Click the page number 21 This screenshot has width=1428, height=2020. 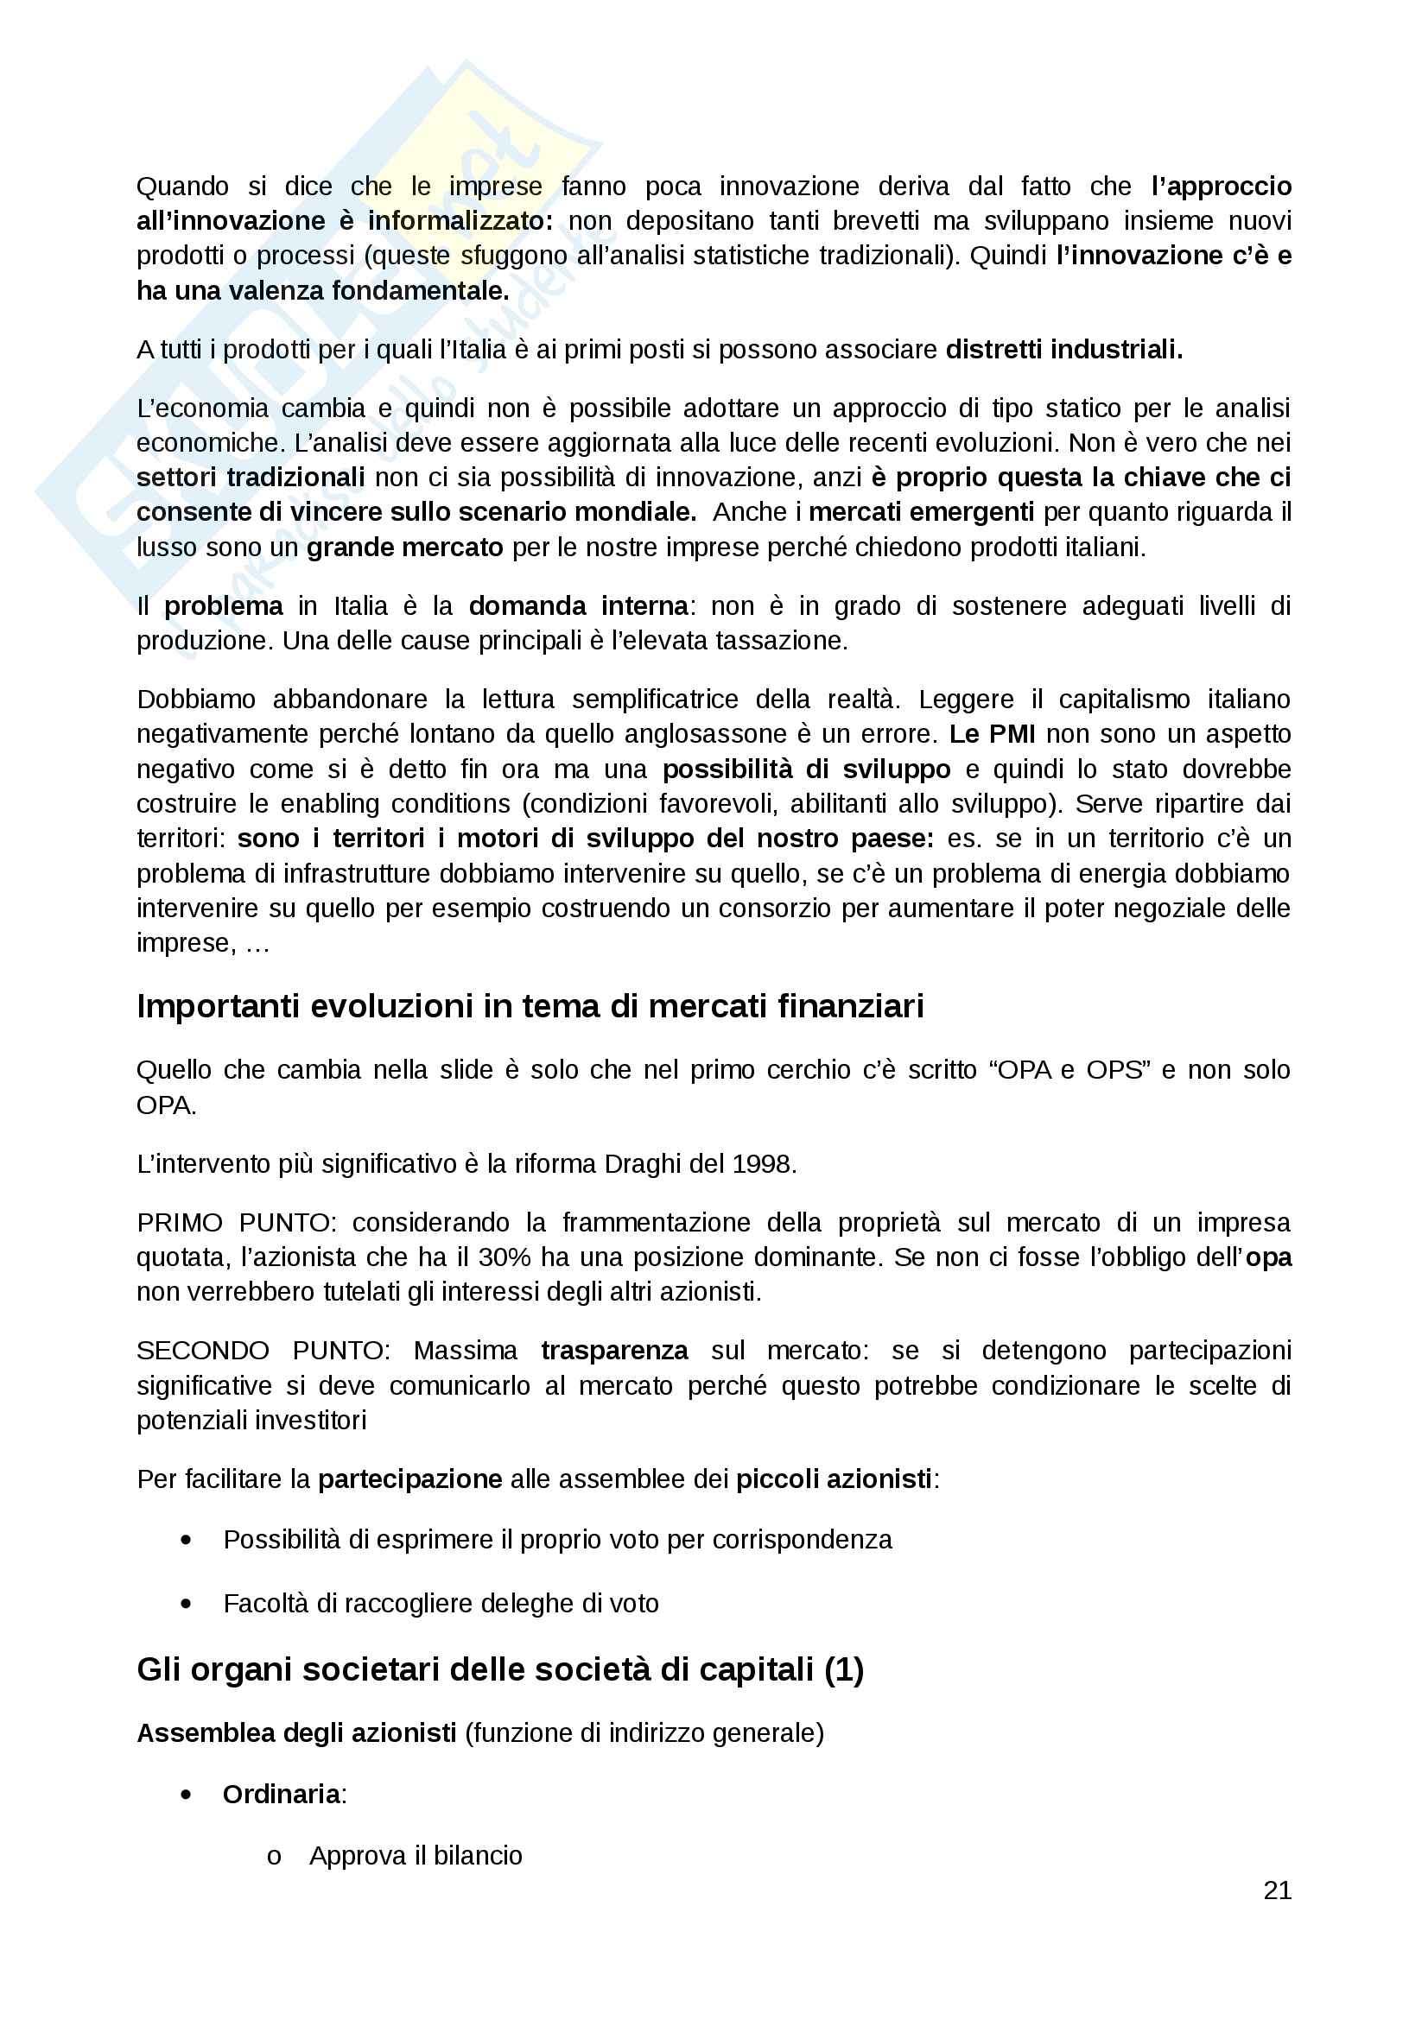pyautogui.click(x=1277, y=1890)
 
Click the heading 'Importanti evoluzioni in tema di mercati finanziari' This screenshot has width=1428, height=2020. pyautogui.click(x=530, y=1005)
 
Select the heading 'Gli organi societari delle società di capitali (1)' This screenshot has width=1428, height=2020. pyautogui.click(x=499, y=1669)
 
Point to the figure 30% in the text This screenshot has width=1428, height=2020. pyautogui.click(x=505, y=1257)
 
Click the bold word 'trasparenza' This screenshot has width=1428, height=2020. pyautogui.click(x=614, y=1351)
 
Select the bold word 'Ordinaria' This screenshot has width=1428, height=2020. pyautogui.click(x=282, y=1794)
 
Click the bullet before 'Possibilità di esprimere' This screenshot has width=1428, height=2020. pyautogui.click(x=186, y=1540)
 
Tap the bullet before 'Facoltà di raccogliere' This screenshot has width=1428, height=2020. pyautogui.click(x=186, y=1604)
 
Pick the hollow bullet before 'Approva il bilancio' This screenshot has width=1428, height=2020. pyautogui.click(x=274, y=1857)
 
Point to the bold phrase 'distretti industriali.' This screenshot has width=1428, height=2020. pyautogui.click(x=1063, y=349)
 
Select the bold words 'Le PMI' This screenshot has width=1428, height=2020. pyautogui.click(x=992, y=734)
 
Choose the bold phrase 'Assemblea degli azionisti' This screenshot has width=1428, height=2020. pyautogui.click(x=296, y=1732)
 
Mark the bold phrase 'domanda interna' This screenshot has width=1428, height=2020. pyautogui.click(x=578, y=605)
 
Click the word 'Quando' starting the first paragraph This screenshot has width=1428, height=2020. pyautogui.click(x=182, y=187)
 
